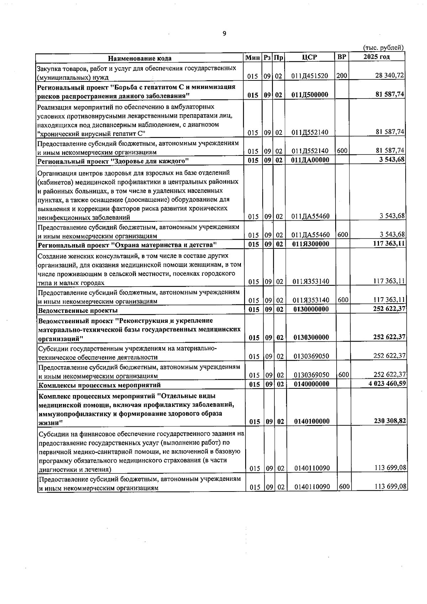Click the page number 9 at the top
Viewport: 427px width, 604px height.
(x=224, y=33)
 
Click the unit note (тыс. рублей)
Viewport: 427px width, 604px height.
(x=383, y=48)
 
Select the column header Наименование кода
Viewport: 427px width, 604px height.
(x=139, y=58)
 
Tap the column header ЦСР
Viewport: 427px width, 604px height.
(x=309, y=57)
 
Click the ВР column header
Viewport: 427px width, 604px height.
(x=341, y=57)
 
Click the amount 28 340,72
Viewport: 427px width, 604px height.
(x=390, y=76)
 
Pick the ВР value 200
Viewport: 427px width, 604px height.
(x=342, y=75)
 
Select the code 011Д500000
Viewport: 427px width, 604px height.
(x=309, y=95)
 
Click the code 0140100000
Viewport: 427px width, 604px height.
(x=311, y=421)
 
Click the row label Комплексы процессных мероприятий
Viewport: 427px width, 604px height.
(x=99, y=385)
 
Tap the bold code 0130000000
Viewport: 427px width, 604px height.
(x=311, y=309)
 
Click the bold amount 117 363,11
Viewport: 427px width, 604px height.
(x=388, y=243)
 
